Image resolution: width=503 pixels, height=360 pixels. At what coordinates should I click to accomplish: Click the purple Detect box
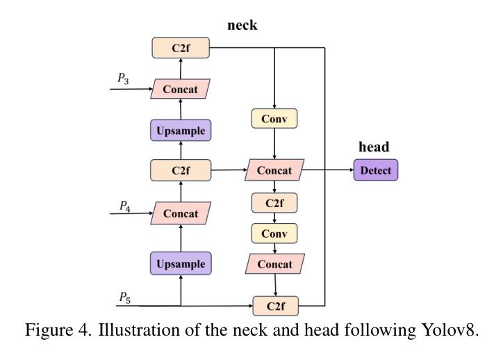pyautogui.click(x=376, y=170)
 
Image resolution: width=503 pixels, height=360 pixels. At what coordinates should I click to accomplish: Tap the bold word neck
pyautogui.click(x=242, y=25)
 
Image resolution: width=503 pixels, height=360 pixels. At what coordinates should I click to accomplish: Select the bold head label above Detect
pyautogui.click(x=373, y=147)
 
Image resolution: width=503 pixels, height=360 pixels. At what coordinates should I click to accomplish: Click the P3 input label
pyautogui.click(x=123, y=80)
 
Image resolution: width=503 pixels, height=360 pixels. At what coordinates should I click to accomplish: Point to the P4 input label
pyautogui.click(x=124, y=206)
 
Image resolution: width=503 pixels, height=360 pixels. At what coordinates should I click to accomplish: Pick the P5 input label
pyautogui.click(x=124, y=297)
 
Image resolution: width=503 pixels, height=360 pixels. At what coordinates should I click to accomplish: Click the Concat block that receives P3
pyautogui.click(x=181, y=89)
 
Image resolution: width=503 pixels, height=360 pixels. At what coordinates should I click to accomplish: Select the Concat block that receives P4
pyautogui.click(x=181, y=213)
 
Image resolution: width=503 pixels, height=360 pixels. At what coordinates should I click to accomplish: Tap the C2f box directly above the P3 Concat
pyautogui.click(x=181, y=48)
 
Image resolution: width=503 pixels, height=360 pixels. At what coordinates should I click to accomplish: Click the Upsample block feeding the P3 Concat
pyautogui.click(x=181, y=131)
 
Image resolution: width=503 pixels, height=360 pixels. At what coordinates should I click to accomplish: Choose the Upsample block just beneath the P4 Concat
pyautogui.click(x=181, y=263)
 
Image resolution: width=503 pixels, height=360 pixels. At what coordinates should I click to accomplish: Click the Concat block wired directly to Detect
pyautogui.click(x=274, y=170)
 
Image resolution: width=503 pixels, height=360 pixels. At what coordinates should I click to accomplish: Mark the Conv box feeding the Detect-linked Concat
pyautogui.click(x=274, y=119)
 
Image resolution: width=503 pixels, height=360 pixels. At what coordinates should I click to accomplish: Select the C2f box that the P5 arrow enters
pyautogui.click(x=274, y=305)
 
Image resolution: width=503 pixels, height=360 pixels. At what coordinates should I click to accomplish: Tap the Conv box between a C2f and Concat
pyautogui.click(x=274, y=234)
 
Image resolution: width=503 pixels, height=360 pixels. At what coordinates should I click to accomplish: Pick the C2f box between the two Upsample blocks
pyautogui.click(x=181, y=170)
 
